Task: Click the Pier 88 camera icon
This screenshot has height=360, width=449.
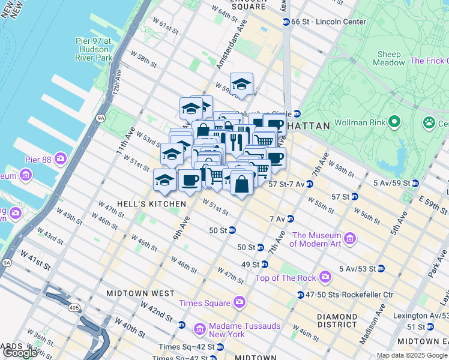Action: point(60,159)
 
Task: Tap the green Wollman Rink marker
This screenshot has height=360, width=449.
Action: point(394,123)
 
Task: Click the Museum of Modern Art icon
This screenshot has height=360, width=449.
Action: point(351,239)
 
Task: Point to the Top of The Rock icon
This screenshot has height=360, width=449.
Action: point(325,277)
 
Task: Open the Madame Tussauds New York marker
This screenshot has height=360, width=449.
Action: point(200,329)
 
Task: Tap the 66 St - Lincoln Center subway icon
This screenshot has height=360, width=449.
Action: point(286,22)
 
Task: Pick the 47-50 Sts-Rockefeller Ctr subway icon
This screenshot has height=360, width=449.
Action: point(300,295)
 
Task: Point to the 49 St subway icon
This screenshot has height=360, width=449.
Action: point(264,265)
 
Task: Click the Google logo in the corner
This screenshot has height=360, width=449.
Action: point(19,353)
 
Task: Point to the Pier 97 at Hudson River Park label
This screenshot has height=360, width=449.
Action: point(94,49)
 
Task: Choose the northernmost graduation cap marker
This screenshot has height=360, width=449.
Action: point(241,84)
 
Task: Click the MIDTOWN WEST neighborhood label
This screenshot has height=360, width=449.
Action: point(140,293)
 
